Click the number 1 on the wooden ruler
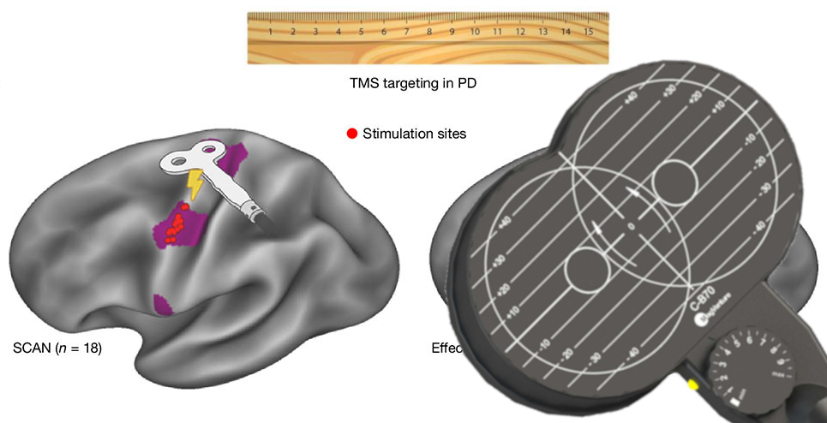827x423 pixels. [x=271, y=33]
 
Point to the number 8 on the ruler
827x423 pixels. [x=429, y=33]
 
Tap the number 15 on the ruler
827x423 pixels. [x=588, y=33]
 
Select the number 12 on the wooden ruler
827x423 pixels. [x=520, y=33]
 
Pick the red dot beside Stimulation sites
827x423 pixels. [x=351, y=134]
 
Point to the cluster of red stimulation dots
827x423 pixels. [x=176, y=228]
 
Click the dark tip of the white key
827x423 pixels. [x=262, y=221]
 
